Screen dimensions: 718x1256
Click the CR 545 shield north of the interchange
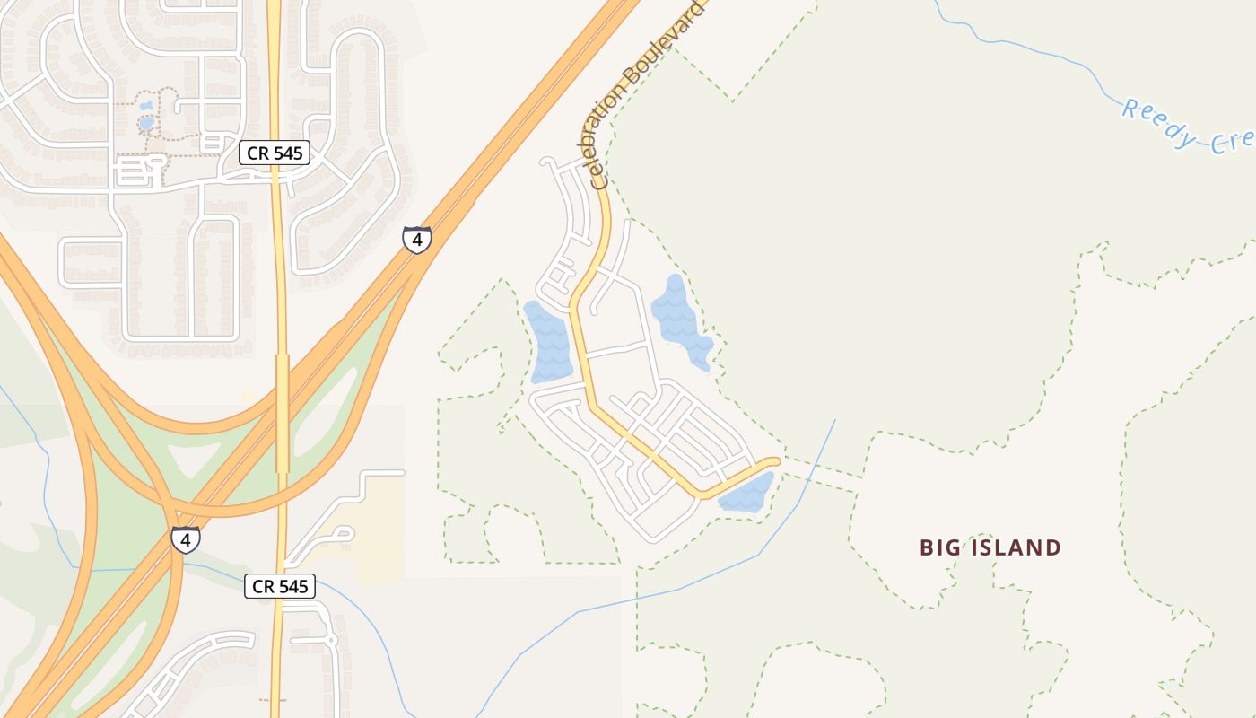pos(275,153)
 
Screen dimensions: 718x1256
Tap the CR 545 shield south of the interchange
pos(280,587)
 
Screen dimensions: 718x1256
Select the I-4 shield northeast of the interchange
pos(416,240)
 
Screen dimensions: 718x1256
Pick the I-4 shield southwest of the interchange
pos(185,540)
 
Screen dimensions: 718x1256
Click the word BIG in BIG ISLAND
pos(938,547)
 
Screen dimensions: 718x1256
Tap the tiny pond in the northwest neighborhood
pos(145,122)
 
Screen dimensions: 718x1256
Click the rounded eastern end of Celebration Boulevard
pos(773,461)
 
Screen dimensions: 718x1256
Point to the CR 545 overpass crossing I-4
pos(282,413)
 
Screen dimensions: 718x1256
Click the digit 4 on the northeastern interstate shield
pos(416,241)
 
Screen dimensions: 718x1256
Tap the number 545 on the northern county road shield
pos(287,153)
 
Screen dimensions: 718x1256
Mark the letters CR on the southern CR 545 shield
pos(263,587)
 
